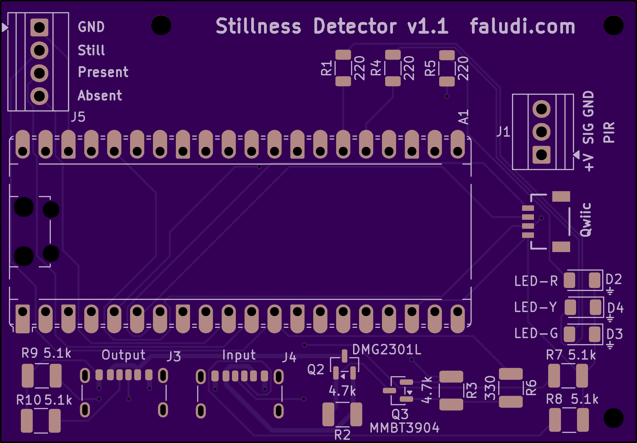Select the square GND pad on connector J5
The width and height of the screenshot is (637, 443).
coord(39,27)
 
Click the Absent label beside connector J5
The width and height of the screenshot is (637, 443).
coord(100,95)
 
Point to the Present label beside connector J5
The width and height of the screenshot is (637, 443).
coord(103,72)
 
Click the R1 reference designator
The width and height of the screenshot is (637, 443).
coord(326,68)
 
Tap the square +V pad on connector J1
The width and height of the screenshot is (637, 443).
coord(541,155)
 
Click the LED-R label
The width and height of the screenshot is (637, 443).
coord(536,281)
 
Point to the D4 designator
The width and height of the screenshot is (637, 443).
coord(615,308)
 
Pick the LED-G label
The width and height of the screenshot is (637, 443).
coord(536,333)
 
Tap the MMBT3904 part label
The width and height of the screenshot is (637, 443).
coord(405,428)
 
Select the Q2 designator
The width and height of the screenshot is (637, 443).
coord(316,370)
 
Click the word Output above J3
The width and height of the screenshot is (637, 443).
coord(123,355)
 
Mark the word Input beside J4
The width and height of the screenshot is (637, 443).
coord(239,355)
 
